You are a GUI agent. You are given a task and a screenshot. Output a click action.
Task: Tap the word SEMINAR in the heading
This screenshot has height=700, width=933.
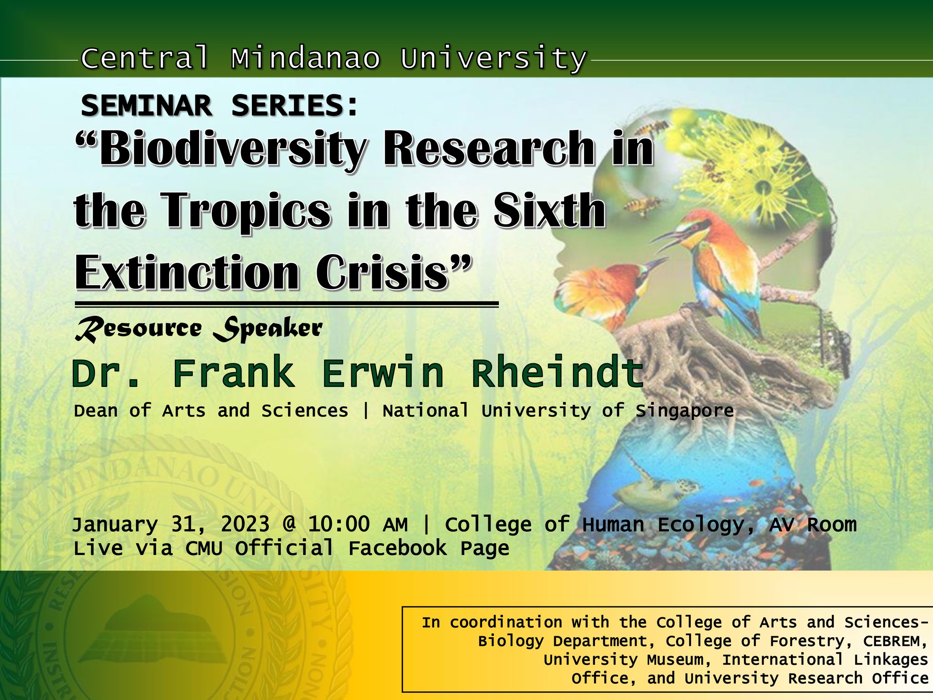pos(146,106)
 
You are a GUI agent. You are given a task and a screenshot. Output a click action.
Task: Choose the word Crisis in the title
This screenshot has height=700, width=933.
pos(387,273)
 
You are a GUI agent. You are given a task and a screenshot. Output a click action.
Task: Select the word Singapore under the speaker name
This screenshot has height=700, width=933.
pos(684,411)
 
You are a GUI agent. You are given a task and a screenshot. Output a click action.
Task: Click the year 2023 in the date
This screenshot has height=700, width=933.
pos(245,525)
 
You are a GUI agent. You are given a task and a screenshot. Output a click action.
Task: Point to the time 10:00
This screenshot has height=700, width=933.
pos(338,525)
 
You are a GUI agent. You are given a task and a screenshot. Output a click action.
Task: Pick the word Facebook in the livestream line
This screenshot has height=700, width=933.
pos(397,548)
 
